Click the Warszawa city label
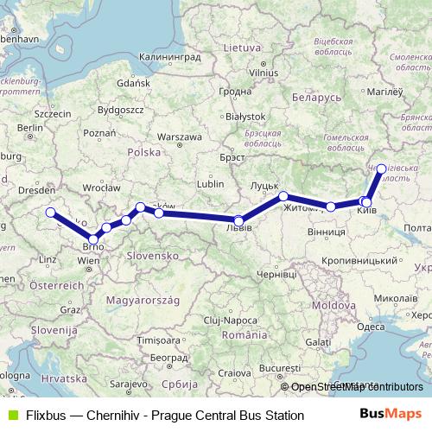click(181, 137)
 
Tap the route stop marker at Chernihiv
click(381, 169)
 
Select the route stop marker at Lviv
click(239, 220)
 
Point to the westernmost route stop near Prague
click(50, 213)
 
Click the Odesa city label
click(371, 327)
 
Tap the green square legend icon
click(10, 416)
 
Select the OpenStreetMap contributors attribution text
click(357, 387)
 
